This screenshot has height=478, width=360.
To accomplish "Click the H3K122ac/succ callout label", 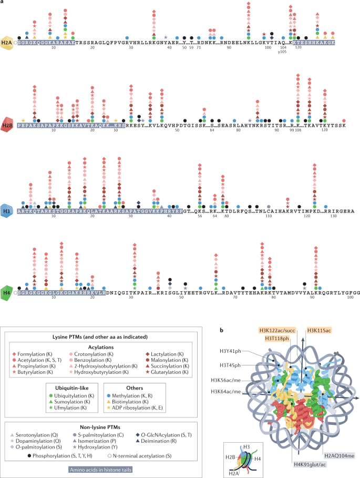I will (276, 329).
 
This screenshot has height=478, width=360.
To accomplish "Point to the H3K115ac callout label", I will (320, 329).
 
